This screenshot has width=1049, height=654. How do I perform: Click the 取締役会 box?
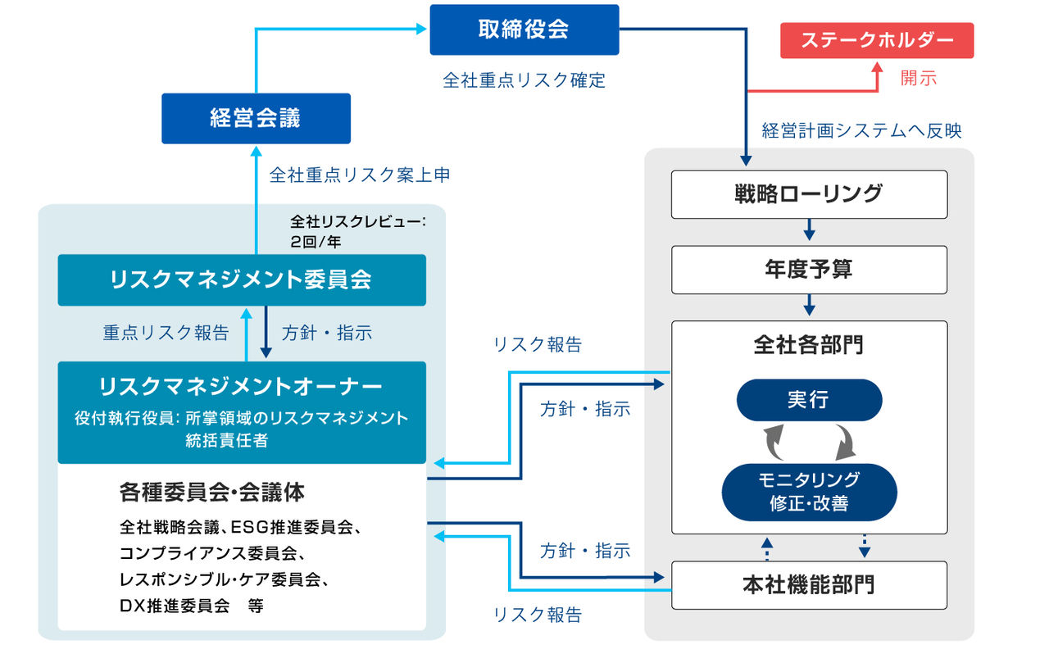[524, 30]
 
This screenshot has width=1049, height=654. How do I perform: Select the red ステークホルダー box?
[877, 40]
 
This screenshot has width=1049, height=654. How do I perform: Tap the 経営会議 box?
[256, 118]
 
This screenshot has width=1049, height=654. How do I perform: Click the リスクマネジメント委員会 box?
[241, 279]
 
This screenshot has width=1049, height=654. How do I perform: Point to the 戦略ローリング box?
[809, 194]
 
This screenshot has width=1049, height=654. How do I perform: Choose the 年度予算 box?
[809, 270]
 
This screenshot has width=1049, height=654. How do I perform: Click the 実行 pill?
[809, 400]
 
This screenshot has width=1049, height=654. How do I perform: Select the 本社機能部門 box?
[809, 585]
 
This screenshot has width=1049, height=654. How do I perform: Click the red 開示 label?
[918, 79]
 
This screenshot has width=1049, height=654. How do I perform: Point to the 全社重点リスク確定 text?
[524, 80]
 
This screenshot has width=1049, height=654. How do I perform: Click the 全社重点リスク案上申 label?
[360, 175]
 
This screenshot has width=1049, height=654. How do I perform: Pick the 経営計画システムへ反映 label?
[861, 130]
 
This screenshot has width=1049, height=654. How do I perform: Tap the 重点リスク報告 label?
[166, 333]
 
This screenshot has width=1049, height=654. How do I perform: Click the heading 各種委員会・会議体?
[212, 492]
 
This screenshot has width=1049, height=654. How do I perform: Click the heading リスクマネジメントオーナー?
[241, 386]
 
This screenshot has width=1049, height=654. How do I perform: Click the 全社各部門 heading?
[809, 345]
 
